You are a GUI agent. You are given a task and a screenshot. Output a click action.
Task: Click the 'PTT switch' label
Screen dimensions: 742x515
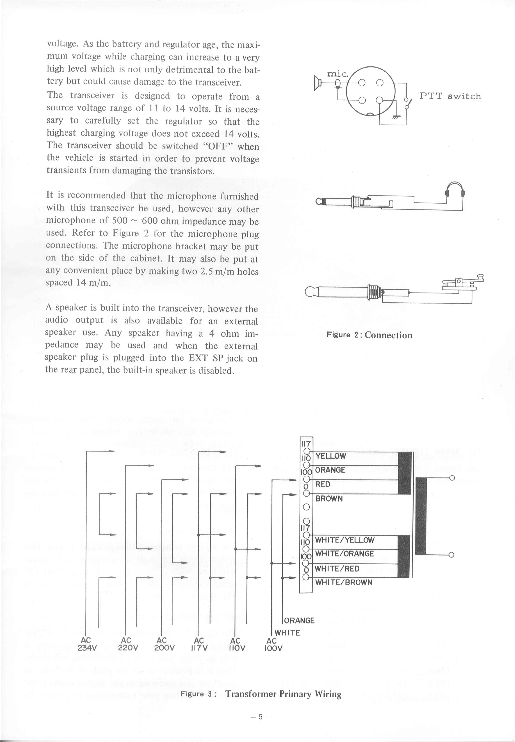point(450,96)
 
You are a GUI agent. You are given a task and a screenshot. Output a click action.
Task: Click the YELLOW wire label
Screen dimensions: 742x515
point(331,456)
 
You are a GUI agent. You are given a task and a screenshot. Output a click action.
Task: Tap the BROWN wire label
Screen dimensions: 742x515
point(329,499)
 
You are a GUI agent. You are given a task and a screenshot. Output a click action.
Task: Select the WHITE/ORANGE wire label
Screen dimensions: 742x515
point(344,554)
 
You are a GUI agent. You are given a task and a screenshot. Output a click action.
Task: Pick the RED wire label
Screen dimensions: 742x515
point(323,484)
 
